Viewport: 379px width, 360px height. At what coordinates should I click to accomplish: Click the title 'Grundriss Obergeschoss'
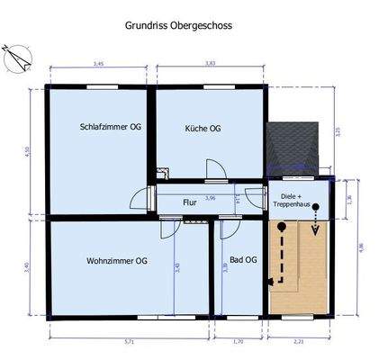[177, 26]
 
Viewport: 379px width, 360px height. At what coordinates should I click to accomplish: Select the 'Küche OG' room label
[203, 128]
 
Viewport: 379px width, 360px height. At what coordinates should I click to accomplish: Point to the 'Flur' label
[190, 202]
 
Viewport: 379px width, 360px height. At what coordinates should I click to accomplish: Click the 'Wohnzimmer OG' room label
[117, 261]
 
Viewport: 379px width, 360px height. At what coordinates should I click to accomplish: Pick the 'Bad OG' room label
[242, 260]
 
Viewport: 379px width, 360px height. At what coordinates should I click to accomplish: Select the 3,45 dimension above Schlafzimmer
[99, 63]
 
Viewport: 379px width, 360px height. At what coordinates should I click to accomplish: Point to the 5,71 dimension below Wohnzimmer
[128, 343]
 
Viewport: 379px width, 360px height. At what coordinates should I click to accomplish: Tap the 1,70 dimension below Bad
[239, 343]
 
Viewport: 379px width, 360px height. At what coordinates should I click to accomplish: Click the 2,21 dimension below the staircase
[298, 343]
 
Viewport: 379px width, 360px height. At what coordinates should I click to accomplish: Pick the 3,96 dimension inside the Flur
[211, 198]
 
